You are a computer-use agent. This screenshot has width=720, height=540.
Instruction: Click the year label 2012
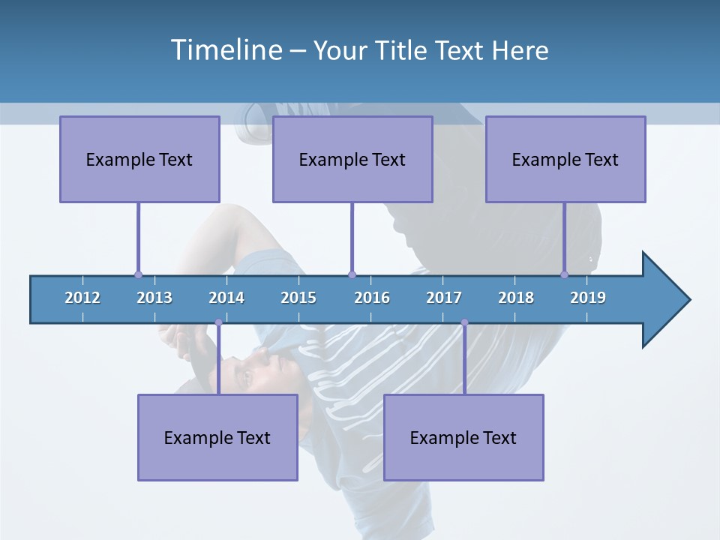82,298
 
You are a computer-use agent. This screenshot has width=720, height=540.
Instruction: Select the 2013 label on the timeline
154,298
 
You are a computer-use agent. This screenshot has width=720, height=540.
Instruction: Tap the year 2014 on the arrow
226,298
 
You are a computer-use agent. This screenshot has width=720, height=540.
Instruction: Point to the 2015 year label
298,298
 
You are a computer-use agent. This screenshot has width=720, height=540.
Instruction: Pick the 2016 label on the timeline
372,298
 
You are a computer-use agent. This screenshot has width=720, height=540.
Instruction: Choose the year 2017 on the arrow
444,298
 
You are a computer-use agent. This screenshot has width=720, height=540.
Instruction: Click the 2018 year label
516,298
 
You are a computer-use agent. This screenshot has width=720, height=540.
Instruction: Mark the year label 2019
588,298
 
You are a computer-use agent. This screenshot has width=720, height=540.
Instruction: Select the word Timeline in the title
226,50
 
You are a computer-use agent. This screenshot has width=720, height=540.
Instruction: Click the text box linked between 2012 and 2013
139,159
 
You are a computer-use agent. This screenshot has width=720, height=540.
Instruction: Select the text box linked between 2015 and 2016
352,159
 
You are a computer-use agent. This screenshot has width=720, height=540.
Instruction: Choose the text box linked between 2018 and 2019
565,159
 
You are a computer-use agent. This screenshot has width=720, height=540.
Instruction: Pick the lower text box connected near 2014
217,437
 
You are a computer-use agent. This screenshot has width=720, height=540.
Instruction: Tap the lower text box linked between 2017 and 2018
463,437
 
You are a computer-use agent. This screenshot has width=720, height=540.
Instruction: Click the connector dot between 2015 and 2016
352,274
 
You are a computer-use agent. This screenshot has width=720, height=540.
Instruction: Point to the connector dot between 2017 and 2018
464,322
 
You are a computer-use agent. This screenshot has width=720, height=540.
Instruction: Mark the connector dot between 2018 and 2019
565,274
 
